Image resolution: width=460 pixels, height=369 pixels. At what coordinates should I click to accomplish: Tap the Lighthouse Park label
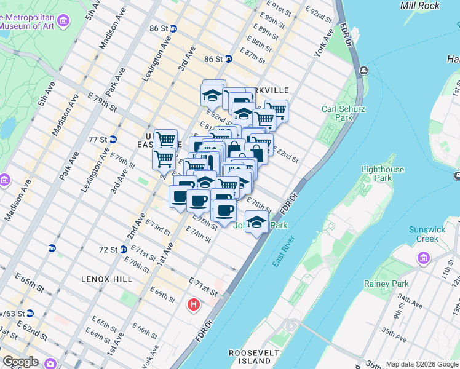point(383,173)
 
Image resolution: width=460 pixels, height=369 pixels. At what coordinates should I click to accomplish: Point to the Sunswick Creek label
point(427,234)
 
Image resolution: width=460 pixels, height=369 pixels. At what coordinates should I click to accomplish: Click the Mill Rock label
point(420,6)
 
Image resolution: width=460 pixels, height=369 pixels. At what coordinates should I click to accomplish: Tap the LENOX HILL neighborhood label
point(106,279)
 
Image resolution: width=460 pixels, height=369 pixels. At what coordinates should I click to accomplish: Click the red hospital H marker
point(194,304)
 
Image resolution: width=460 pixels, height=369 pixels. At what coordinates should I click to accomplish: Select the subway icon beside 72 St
point(124,250)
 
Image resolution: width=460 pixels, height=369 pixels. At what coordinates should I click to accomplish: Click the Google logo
point(20,362)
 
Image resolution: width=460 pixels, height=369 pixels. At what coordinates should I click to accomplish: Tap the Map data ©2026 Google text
point(422,364)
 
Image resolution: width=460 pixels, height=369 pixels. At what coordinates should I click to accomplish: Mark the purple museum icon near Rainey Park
point(424,257)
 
